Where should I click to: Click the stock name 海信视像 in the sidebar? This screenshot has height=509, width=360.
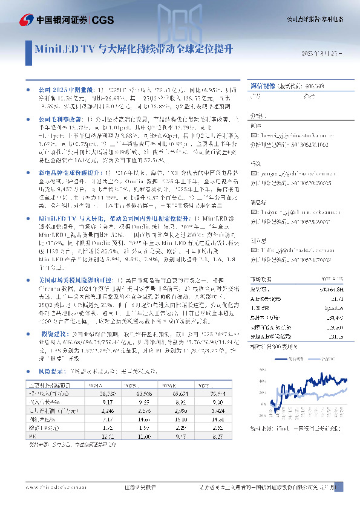coord(264,86)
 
